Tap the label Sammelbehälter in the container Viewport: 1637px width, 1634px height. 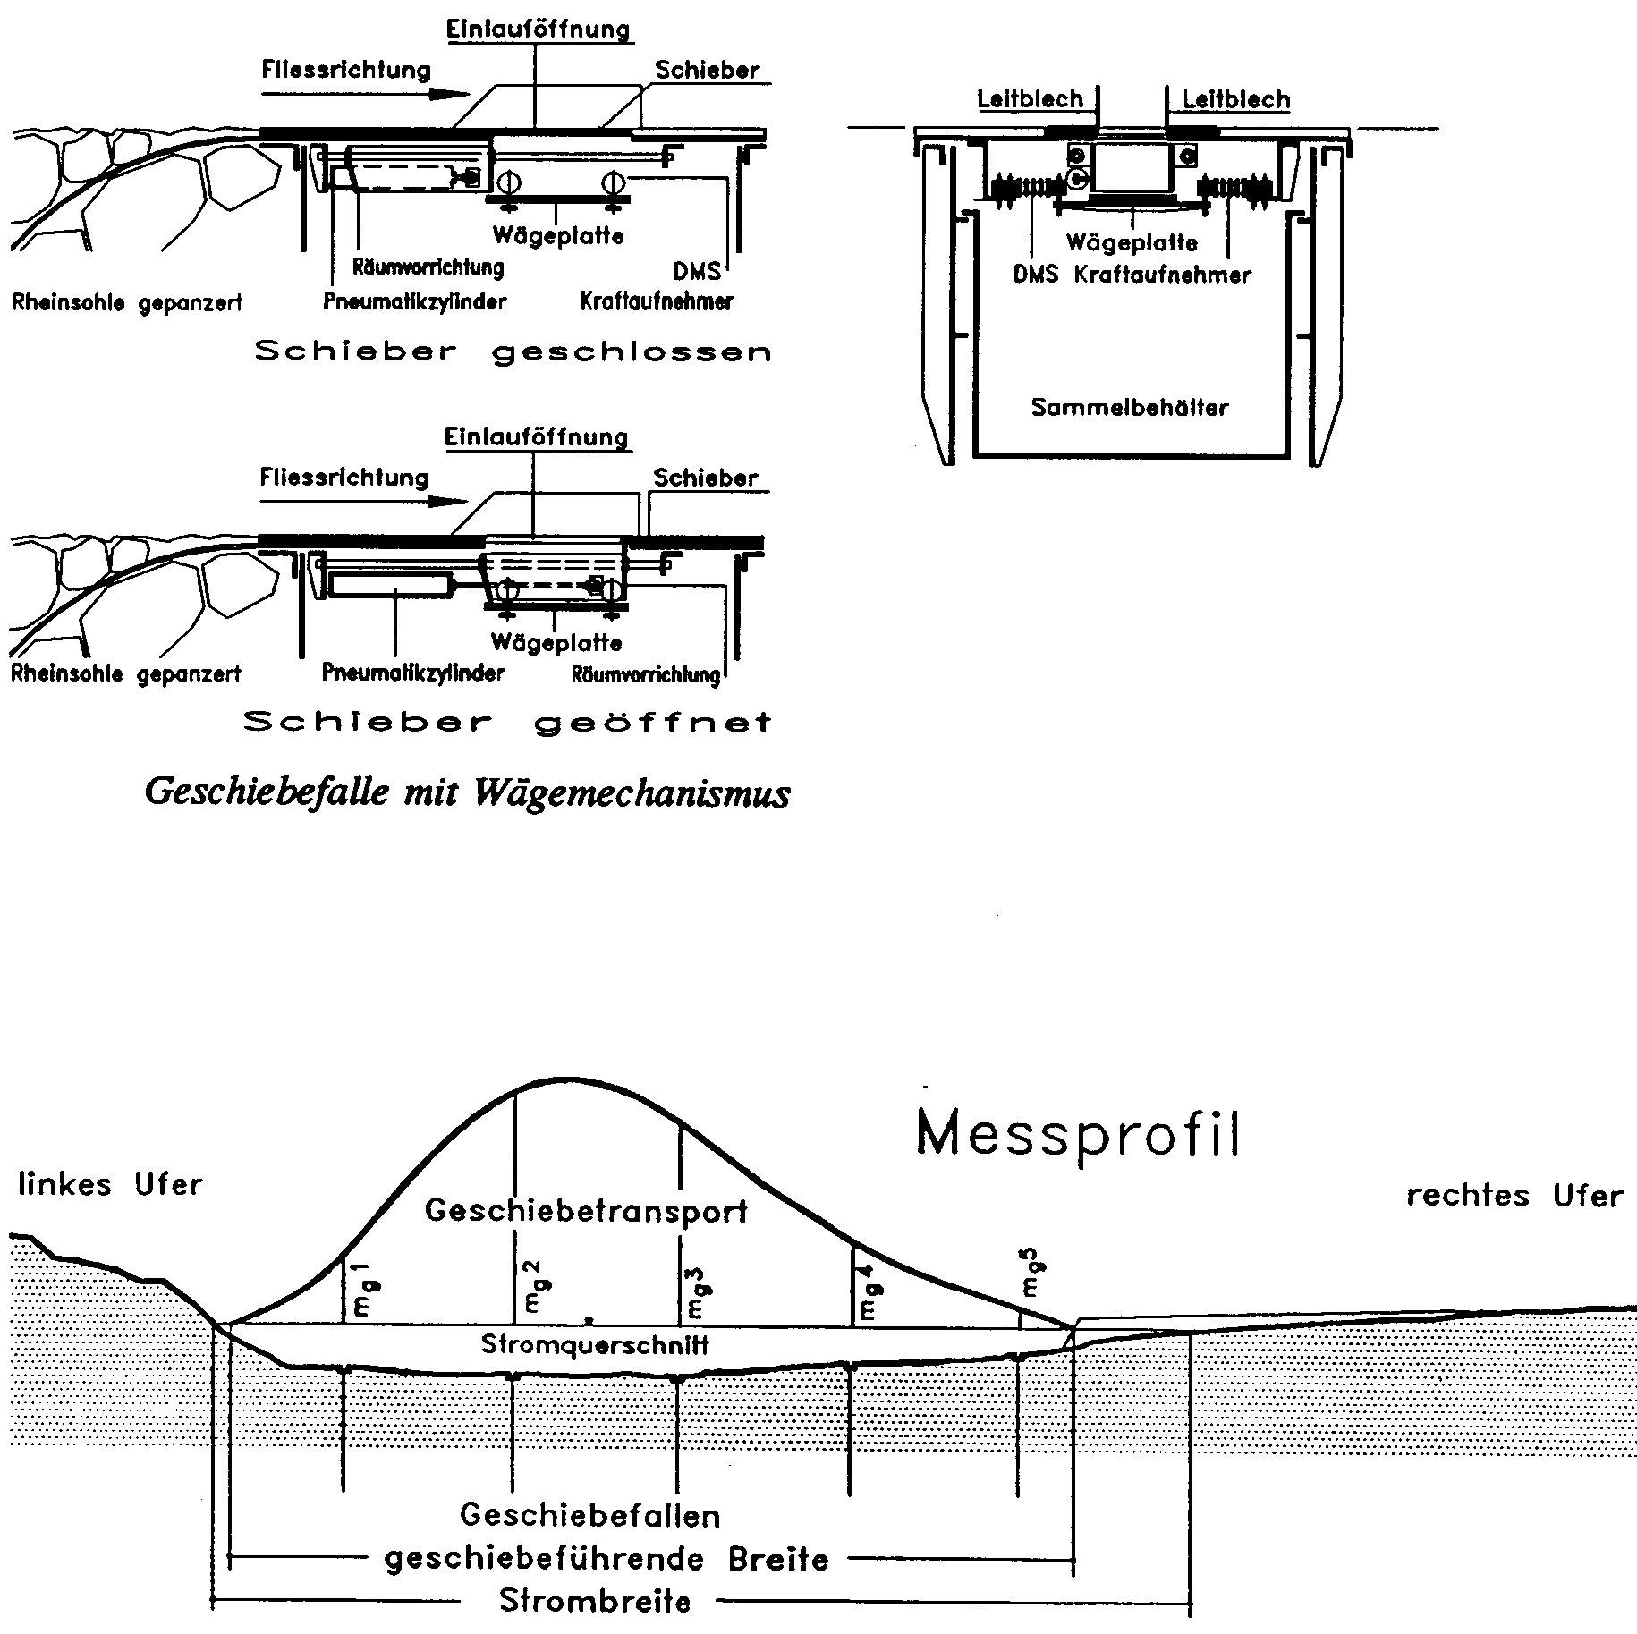[1130, 408]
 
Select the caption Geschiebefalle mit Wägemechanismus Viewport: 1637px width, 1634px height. [467, 792]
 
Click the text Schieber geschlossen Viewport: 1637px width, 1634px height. [513, 351]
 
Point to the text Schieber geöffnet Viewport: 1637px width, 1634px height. [507, 722]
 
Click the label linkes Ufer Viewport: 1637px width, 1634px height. [110, 1185]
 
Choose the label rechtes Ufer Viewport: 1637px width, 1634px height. [1514, 1196]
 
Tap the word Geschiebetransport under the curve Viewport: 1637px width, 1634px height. [587, 1211]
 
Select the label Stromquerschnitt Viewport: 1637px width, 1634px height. [595, 1344]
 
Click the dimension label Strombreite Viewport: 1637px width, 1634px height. [595, 1600]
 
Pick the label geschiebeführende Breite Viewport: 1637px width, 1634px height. [606, 1559]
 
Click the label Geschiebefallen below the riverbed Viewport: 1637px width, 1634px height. [590, 1515]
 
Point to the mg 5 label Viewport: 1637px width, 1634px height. [1032, 1280]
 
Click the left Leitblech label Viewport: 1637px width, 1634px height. [1030, 98]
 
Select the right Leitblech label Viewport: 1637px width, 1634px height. [1236, 99]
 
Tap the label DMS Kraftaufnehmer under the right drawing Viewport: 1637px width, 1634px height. [1132, 275]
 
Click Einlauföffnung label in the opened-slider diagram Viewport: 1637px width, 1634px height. [537, 438]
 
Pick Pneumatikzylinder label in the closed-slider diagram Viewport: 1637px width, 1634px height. [415, 301]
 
